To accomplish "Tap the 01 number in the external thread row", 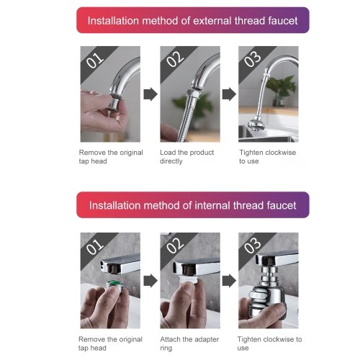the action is coord(95,60).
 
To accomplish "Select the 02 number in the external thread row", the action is coord(175,59).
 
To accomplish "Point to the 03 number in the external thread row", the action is coord(253,59).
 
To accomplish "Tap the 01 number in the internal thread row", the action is coord(95,246).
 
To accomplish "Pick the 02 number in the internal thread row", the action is coord(175,246).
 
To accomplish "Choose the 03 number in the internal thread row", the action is coord(253,246).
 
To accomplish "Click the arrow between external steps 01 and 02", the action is coord(150,94).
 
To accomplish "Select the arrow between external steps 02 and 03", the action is coord(229,94).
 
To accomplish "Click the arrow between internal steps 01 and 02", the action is coord(150,281).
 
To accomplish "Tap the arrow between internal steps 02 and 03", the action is coord(229,281).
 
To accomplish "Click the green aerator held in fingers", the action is coord(112,286).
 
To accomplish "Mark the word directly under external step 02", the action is coord(171,161).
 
